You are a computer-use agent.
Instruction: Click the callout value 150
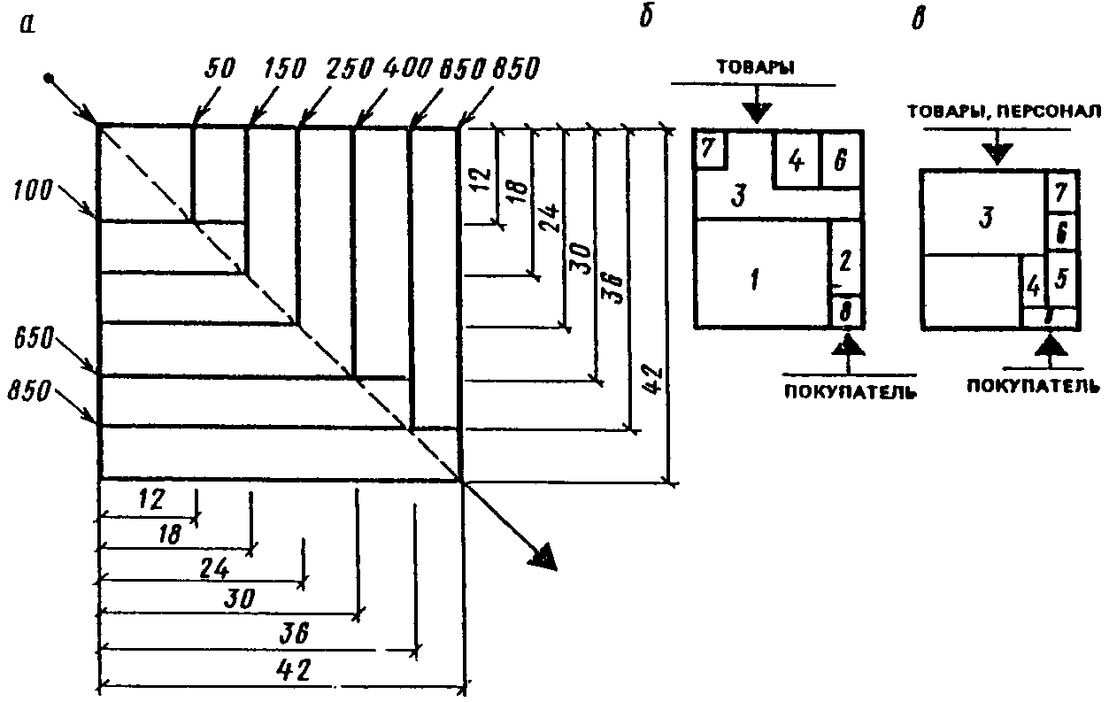click(283, 68)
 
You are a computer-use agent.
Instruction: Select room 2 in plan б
click(844, 260)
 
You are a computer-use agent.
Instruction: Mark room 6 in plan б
click(840, 161)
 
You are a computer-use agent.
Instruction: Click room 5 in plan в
click(1062, 277)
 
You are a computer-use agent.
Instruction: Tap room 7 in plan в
click(1061, 188)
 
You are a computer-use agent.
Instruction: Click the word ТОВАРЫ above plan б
click(754, 68)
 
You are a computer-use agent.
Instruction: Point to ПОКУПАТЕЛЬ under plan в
click(1033, 386)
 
